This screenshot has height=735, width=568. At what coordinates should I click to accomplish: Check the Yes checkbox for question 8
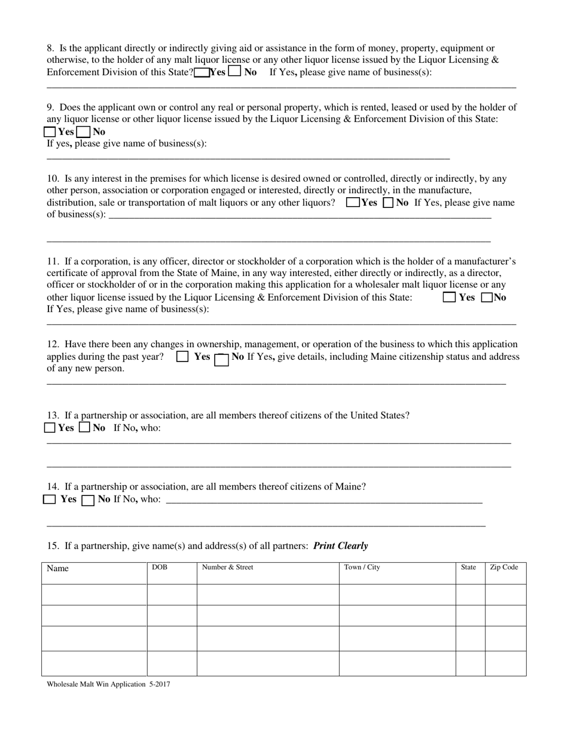point(202,72)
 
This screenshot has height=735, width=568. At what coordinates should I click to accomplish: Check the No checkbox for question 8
point(235,72)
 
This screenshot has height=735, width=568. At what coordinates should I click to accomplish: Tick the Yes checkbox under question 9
point(51,132)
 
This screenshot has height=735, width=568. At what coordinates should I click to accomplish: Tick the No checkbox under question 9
point(84,132)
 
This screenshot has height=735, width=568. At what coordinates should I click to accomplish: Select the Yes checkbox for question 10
point(353,203)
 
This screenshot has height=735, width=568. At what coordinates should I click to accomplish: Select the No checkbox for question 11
point(487,297)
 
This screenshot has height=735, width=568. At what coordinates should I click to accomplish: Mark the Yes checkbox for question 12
point(183,357)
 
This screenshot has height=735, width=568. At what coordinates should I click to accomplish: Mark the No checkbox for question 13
point(85,427)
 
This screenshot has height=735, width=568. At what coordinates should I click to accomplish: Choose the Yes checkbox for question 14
point(50,500)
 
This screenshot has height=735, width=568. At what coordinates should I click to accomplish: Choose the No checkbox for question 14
point(88,500)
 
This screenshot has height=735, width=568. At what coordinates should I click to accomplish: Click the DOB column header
point(160,568)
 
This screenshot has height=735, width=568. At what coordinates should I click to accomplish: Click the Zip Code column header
point(504,568)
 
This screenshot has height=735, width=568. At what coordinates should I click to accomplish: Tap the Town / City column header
point(362,568)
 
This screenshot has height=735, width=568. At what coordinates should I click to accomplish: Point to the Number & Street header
point(227,568)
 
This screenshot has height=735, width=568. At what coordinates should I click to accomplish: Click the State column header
point(469,568)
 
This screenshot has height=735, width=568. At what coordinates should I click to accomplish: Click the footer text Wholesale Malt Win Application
point(96,685)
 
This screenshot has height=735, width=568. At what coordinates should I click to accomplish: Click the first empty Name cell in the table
point(94,595)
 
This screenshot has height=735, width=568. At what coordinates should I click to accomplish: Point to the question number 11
point(53,261)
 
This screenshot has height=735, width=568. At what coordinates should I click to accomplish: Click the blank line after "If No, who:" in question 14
point(323,501)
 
